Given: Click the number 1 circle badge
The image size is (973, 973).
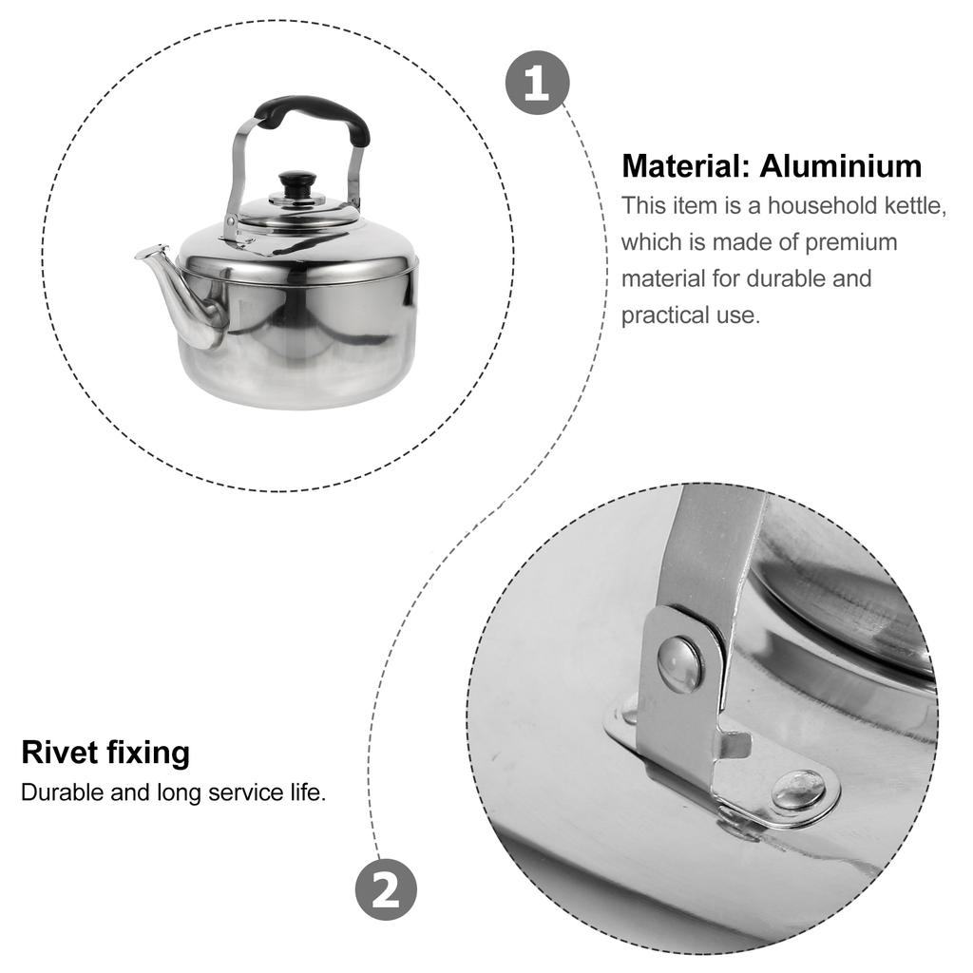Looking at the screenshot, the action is click(x=538, y=83).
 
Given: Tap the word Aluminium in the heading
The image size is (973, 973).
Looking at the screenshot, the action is click(x=841, y=166).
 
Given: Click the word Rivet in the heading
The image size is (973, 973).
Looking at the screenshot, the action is click(x=60, y=753).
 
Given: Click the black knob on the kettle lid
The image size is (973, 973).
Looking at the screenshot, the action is click(x=297, y=184).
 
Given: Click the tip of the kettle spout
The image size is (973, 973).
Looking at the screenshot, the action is click(x=139, y=255).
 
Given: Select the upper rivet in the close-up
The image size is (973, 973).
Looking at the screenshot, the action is click(x=680, y=665).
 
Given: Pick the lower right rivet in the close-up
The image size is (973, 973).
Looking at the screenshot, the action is click(x=798, y=791).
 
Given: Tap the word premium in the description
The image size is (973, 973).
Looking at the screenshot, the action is click(x=851, y=243).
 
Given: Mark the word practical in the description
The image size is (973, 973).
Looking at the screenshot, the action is click(x=664, y=315).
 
